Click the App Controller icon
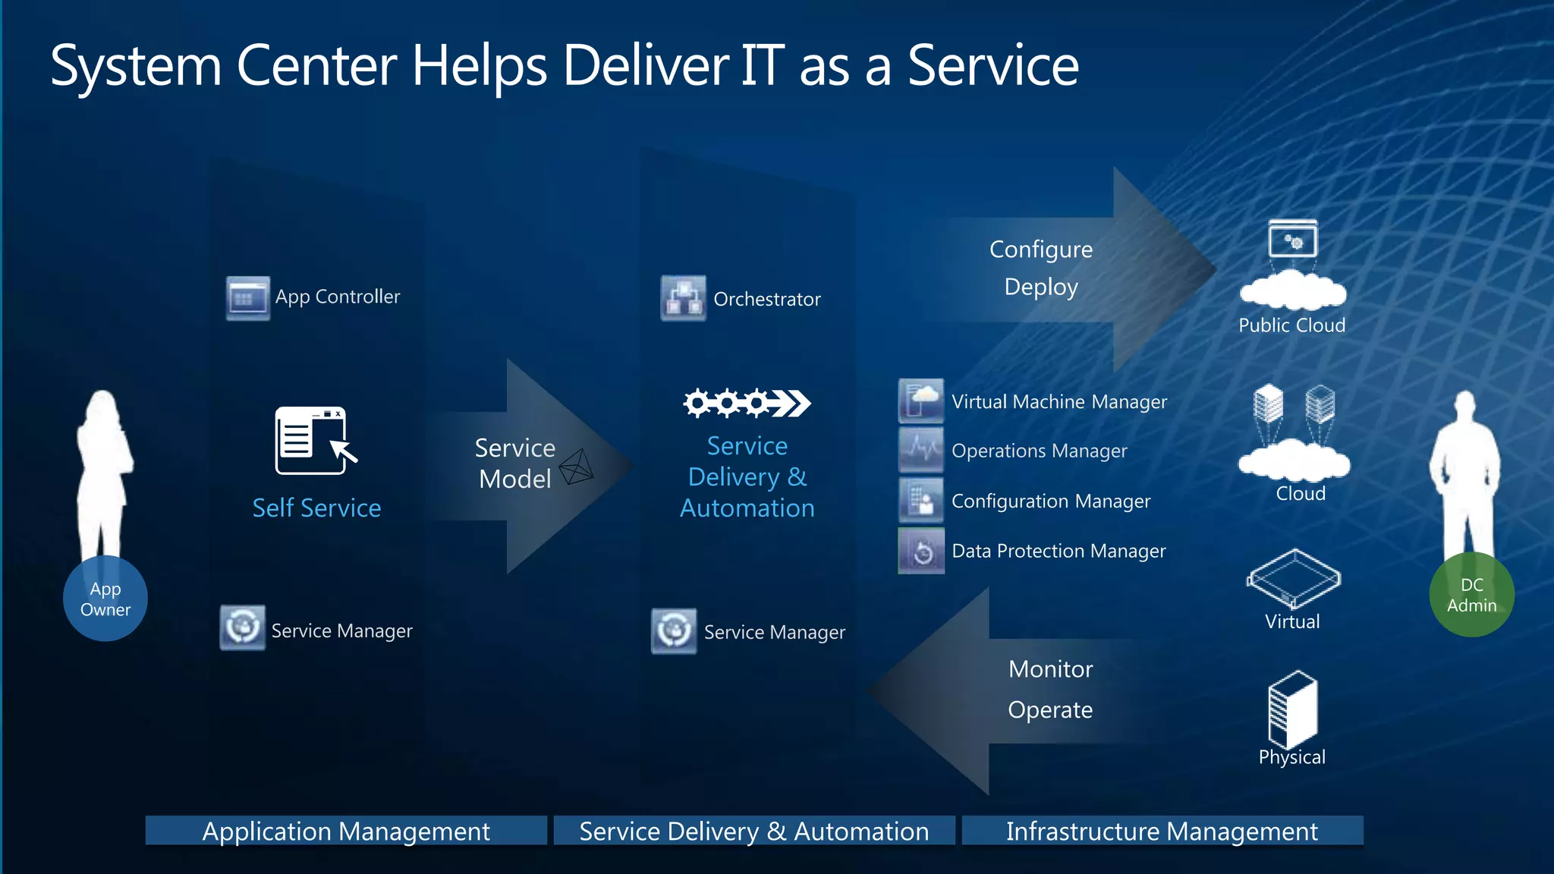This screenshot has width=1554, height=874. (x=247, y=297)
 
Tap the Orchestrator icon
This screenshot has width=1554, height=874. (x=683, y=298)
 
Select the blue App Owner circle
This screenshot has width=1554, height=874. (x=105, y=599)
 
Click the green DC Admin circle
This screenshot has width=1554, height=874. (x=1471, y=595)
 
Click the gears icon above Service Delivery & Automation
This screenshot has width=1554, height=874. (x=747, y=403)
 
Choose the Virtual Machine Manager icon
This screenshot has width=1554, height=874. (x=921, y=401)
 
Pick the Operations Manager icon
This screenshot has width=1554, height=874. (x=921, y=450)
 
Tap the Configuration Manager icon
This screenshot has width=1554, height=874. (x=921, y=500)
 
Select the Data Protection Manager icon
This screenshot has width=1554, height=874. (x=921, y=551)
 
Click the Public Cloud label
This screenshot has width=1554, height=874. (x=1291, y=325)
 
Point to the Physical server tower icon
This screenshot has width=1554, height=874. (x=1292, y=709)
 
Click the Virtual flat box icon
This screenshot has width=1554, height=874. (x=1293, y=578)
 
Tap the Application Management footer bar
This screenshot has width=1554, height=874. (x=346, y=831)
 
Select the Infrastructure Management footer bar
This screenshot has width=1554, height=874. (x=1162, y=831)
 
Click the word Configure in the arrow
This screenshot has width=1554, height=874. (x=1040, y=250)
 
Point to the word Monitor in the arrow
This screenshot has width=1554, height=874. (x=1050, y=669)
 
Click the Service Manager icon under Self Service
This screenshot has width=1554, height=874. (x=242, y=627)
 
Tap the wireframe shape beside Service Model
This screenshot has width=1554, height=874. (x=577, y=467)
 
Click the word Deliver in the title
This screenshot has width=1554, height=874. (x=645, y=67)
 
